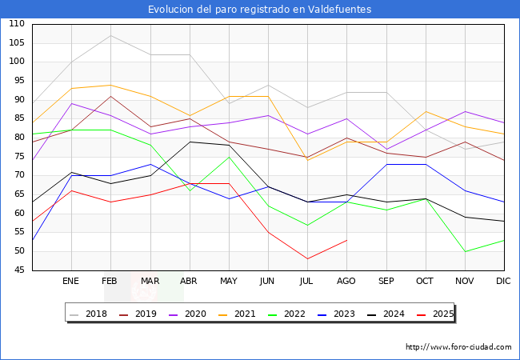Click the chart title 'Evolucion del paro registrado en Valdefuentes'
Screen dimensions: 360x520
[260, 10]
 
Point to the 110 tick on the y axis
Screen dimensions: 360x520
[17, 24]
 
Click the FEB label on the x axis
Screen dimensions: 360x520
[110, 282]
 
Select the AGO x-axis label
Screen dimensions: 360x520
[346, 282]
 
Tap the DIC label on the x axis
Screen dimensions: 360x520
[503, 282]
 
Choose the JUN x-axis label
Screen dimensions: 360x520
[267, 282]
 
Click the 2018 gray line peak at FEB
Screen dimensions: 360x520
[110, 35]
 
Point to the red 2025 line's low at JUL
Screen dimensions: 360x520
[306, 259]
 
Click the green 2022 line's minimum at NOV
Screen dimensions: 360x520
[464, 251]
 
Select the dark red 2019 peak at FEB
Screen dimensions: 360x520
[110, 96]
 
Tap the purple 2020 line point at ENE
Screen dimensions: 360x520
[71, 103]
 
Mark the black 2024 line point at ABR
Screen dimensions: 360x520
[189, 142]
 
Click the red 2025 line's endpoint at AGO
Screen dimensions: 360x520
[346, 240]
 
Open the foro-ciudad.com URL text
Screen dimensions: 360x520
[458, 347]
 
